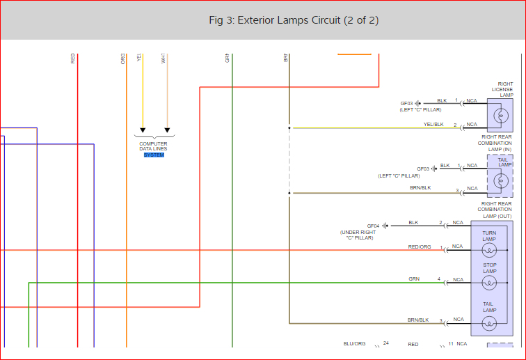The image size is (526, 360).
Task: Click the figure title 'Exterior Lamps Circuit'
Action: [294, 20]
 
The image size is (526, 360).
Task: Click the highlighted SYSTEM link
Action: [154, 155]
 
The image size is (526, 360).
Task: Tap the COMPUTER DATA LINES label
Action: [153, 146]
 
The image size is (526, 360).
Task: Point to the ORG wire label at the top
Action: [123, 58]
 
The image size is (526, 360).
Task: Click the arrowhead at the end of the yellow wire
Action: [143, 130]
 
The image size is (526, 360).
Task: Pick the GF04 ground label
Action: [373, 226]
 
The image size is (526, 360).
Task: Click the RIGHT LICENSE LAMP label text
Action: [502, 89]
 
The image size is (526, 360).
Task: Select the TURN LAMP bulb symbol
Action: [489, 251]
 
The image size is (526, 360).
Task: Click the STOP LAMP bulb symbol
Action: [489, 283]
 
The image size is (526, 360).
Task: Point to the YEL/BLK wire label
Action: [433, 125]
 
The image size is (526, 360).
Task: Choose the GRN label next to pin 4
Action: [414, 279]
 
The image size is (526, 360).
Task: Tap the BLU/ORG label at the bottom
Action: [354, 344]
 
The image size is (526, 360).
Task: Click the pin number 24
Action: [385, 343]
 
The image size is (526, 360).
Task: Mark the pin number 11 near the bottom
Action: [451, 344]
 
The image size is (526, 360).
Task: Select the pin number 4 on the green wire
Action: [438, 279]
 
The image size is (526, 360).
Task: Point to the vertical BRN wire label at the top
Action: [286, 58]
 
